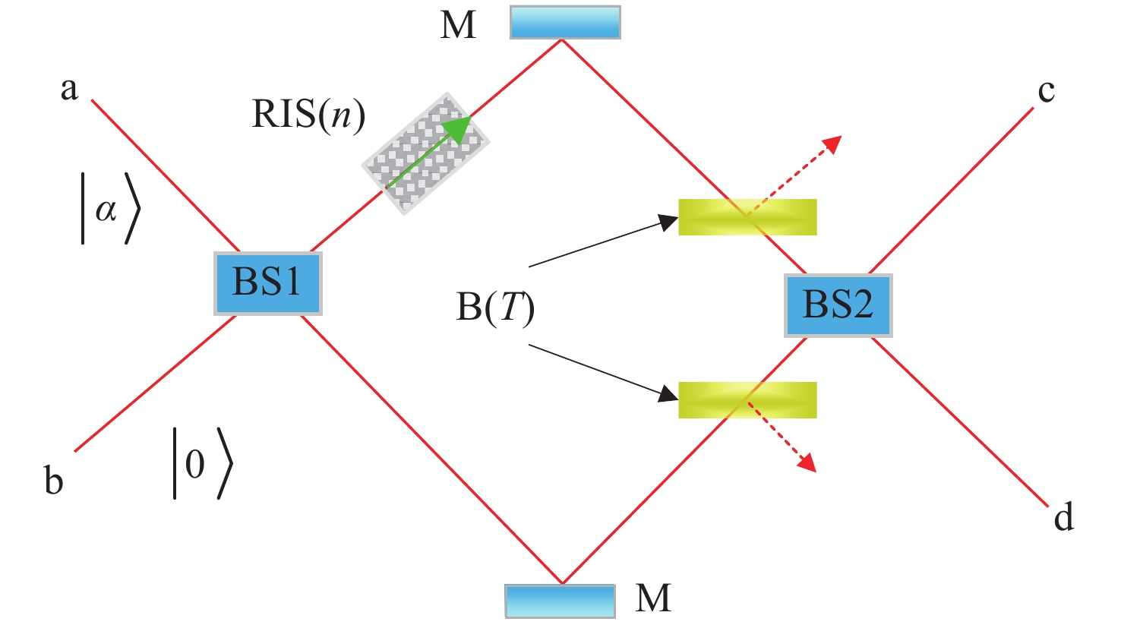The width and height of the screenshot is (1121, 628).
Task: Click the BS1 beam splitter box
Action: pos(267,282)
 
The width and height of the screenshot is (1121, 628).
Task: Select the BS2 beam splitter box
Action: pos(838,305)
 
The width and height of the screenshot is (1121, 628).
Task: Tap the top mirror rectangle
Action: pos(565,22)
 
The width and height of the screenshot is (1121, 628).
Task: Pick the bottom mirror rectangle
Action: pos(560,601)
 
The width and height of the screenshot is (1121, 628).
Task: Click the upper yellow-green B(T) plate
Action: pos(747,217)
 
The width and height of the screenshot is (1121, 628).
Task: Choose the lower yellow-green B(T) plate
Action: pos(747,400)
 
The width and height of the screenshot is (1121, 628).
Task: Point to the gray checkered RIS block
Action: pos(425,154)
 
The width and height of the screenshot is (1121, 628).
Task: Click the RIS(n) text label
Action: pos(308,115)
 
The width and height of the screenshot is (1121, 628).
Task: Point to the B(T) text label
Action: pos(495,308)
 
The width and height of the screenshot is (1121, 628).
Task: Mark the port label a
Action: pos(69,89)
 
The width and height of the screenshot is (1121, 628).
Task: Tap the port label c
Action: pos(1046,91)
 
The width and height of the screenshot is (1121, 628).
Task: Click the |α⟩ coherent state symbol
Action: pos(110,210)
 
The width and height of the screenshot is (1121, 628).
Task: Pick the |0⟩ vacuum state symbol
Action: pos(201,463)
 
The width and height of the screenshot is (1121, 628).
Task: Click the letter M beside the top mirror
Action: pos(458,25)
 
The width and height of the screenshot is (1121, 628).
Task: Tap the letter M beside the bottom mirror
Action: pos(653,598)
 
